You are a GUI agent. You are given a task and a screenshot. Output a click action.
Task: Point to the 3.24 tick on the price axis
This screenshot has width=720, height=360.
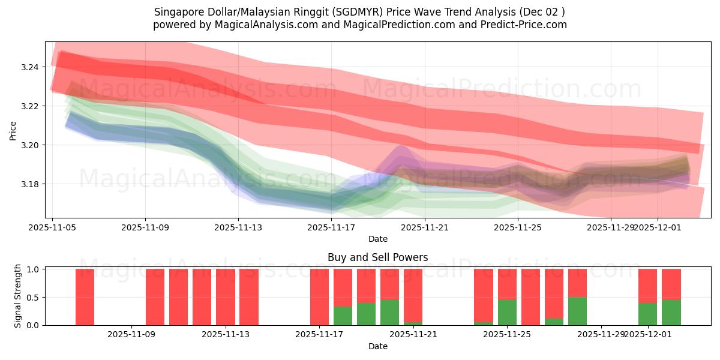pos(31,67)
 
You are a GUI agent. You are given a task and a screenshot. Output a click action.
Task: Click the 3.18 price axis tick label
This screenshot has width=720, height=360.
pos(31,184)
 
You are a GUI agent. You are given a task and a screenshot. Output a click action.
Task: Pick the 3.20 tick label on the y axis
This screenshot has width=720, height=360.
pos(31,145)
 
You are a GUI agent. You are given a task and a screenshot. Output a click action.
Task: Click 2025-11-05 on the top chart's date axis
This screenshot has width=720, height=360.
pos(53,227)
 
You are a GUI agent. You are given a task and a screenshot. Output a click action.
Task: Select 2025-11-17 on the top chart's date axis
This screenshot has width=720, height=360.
pos(331,227)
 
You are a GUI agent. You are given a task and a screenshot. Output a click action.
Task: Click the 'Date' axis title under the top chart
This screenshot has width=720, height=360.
pos(378,239)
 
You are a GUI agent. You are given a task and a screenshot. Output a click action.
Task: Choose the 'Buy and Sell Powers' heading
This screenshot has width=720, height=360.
pos(378,257)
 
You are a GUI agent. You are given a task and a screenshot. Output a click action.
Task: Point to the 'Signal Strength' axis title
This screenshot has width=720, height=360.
pos(18,296)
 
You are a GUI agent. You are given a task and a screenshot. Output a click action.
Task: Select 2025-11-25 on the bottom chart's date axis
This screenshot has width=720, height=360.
pos(507,334)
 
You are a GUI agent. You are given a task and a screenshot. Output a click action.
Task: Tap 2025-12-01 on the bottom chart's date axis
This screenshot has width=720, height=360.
pos(647,334)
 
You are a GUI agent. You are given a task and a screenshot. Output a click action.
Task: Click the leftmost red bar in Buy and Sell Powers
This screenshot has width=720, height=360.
pos(85,297)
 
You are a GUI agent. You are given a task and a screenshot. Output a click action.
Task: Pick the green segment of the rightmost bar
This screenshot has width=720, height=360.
pos(671,313)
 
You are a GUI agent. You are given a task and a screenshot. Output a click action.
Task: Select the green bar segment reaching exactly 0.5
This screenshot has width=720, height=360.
pos(577,311)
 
